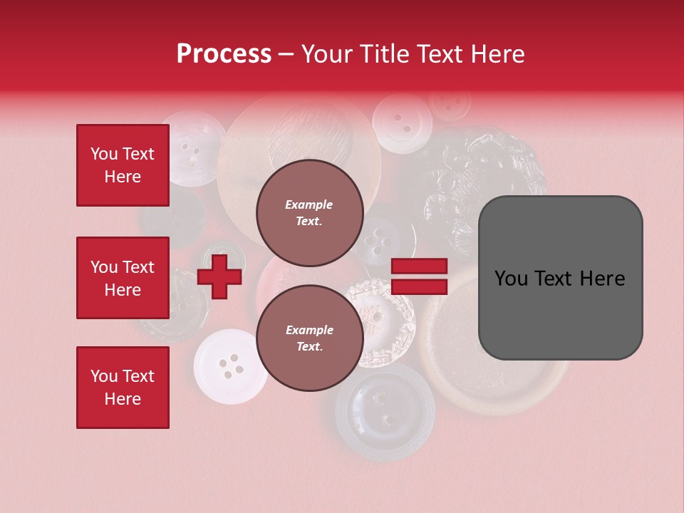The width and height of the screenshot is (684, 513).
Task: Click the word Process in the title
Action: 224,54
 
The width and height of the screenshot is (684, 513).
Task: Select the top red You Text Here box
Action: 123,165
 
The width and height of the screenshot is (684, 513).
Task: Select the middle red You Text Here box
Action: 123,278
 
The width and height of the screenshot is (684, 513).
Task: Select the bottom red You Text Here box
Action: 123,388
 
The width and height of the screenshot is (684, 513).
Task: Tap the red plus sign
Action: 219,276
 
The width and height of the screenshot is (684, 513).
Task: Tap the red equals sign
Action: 419,276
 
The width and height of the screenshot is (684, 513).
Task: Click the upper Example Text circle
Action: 309,212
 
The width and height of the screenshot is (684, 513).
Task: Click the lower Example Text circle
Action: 309,338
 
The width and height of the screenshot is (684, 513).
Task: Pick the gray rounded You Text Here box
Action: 560,278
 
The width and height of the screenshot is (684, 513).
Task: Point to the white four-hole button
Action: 229,366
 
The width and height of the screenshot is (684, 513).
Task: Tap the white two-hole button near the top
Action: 403,123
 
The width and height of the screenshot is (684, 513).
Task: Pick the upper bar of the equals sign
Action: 419,266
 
